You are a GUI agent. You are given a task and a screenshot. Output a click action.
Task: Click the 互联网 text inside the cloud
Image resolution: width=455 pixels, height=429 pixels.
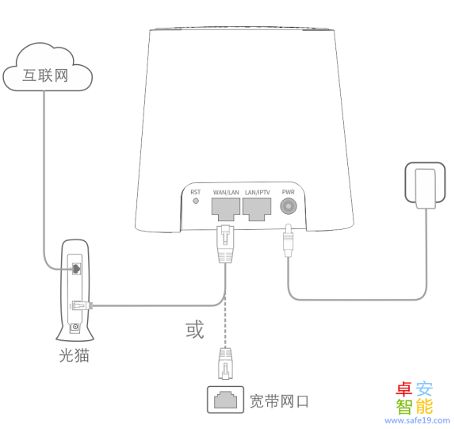(x=45, y=76)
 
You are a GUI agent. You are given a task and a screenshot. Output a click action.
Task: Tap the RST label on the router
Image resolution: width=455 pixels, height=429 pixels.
(x=196, y=192)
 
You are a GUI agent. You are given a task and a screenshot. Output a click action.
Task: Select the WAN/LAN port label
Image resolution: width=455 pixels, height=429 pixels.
(x=226, y=193)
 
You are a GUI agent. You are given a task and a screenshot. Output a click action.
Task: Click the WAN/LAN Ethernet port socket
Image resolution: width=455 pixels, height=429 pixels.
(x=226, y=209)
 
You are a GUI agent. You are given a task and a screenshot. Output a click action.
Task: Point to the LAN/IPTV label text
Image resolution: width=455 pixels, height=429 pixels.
(x=258, y=193)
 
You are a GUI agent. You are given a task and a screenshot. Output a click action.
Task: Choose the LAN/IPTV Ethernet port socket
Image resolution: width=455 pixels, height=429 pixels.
(x=257, y=209)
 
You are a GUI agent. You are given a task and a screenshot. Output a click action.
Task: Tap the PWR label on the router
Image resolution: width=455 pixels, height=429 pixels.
(x=289, y=192)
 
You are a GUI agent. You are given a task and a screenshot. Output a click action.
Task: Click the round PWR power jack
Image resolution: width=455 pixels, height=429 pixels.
(x=289, y=206)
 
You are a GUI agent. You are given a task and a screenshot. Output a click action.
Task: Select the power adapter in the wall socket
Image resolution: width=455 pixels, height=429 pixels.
(x=426, y=189)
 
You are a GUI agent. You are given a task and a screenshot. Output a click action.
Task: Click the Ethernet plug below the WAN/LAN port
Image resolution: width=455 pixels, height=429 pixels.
(x=225, y=243)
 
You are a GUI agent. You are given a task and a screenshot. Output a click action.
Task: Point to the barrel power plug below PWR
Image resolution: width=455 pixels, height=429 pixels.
(x=289, y=240)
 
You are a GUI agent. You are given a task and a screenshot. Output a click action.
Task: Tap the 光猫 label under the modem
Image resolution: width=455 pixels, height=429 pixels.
(x=74, y=355)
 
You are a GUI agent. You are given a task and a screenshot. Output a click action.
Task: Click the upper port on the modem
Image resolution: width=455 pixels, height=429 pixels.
(x=76, y=269)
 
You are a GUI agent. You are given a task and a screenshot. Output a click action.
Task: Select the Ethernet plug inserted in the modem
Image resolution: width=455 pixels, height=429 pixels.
(x=82, y=305)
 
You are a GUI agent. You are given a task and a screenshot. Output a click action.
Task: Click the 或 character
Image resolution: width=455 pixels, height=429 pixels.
(x=195, y=329)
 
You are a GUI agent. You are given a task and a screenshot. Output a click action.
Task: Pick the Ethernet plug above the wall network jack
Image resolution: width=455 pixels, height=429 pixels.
(x=225, y=363)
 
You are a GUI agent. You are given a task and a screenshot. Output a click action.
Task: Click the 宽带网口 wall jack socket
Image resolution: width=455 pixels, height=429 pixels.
(x=225, y=400)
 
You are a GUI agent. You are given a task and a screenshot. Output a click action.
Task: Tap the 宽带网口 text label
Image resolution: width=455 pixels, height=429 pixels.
(x=279, y=401)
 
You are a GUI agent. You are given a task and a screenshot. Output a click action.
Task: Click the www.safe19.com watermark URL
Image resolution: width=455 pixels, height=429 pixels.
(x=417, y=420)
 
